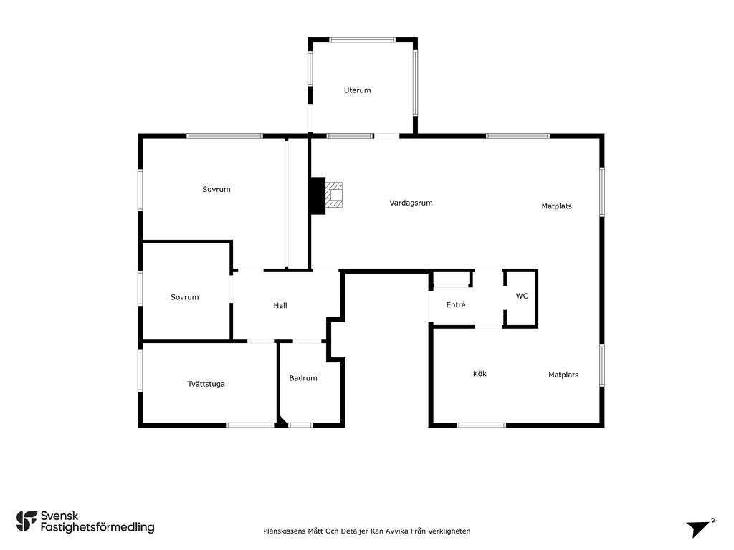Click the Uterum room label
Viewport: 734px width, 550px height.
pos(357,90)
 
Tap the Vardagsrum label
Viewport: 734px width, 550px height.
pos(411,203)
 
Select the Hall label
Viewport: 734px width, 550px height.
pos(280,305)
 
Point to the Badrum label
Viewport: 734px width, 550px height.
pos(303,378)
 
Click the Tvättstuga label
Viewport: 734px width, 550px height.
pos(206,384)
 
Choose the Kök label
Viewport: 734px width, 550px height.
pos(480,374)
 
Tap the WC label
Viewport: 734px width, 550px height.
pos(522,296)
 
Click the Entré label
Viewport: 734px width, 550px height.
pos(456,305)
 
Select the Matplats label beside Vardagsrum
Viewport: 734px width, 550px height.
pos(556,206)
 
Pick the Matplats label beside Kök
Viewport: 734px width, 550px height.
pos(563,375)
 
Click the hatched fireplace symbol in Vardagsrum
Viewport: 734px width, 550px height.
pos(334,195)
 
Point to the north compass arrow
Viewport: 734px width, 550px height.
pos(698,529)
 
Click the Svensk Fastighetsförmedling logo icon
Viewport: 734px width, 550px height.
pos(27,521)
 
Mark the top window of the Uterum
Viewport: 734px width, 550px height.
pos(362,40)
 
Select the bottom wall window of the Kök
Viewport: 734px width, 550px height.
pos(481,425)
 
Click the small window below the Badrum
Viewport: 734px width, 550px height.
pos(300,425)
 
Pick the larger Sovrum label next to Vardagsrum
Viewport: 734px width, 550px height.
pos(216,189)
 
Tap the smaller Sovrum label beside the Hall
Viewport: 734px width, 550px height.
pos(184,297)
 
